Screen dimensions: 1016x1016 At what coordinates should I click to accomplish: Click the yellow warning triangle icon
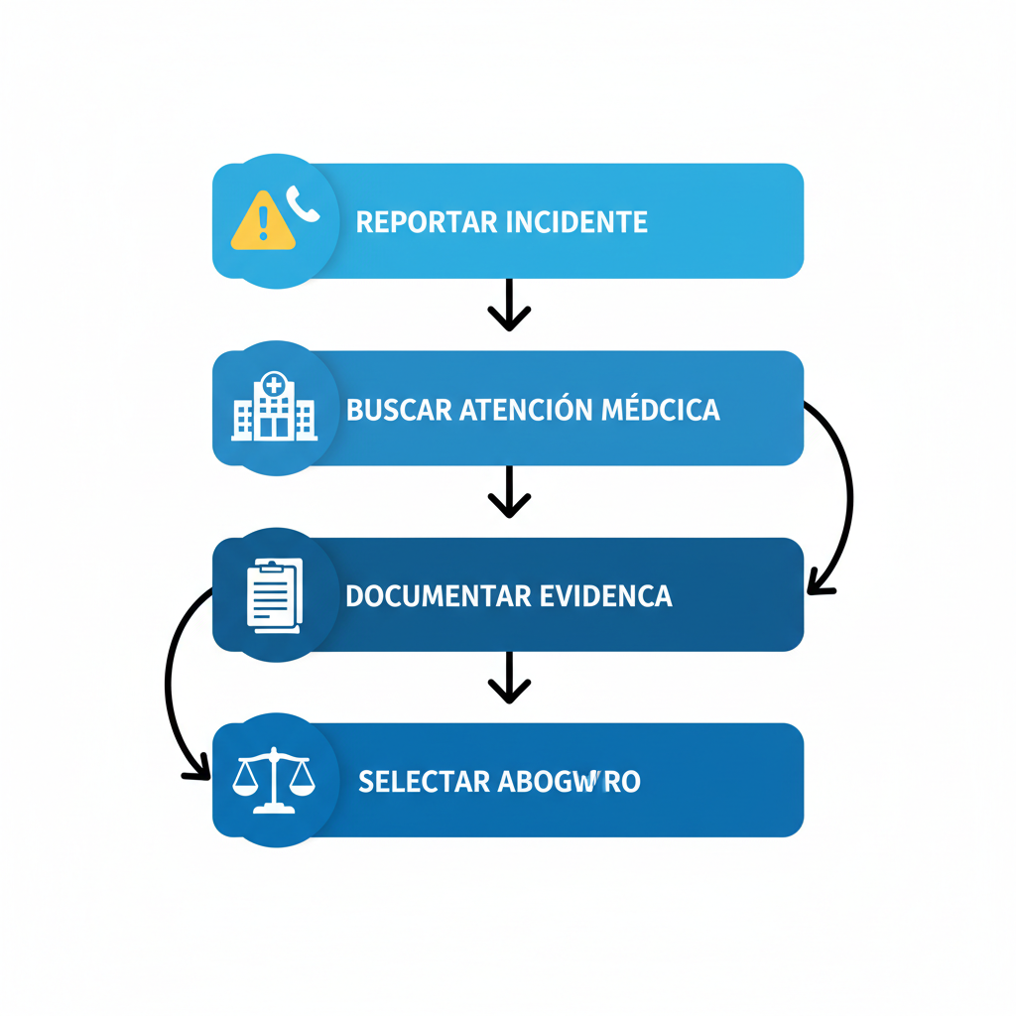point(263,221)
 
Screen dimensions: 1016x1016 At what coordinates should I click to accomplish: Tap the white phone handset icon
point(303,203)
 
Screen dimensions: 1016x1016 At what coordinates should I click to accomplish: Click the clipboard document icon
point(274,595)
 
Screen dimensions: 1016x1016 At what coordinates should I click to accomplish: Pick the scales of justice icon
point(273,782)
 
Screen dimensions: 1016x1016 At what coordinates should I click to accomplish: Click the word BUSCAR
point(399,409)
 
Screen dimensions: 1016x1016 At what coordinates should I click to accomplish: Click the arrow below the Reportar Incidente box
point(509,305)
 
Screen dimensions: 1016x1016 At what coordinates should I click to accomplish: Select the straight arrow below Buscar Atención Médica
point(509,491)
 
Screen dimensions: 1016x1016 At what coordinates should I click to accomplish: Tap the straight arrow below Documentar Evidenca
point(509,678)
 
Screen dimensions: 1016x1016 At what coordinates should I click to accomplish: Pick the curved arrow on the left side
point(169,685)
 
